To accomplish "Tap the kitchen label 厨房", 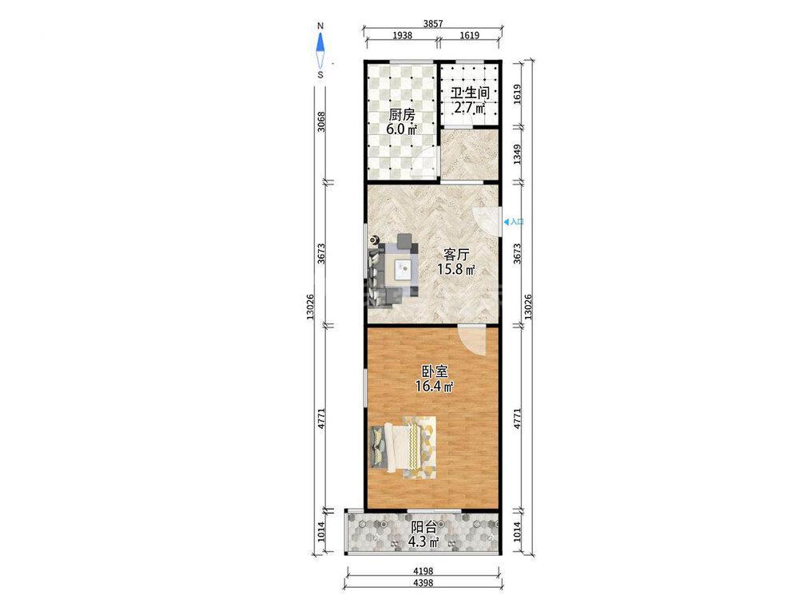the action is click(402, 114).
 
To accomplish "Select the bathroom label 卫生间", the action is click(470, 93).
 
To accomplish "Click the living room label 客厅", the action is click(456, 254).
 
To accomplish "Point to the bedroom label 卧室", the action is click(435, 371).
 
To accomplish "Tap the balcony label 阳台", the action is click(423, 526).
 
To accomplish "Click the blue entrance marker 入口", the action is click(514, 221).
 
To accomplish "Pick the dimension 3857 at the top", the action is click(432, 23).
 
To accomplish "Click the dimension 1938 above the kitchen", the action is click(403, 36).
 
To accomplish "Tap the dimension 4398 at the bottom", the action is click(423, 583).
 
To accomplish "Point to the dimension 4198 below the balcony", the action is click(423, 572).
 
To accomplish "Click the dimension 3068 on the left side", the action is click(320, 121).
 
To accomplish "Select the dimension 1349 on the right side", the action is click(517, 154).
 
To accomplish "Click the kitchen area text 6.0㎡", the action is click(402, 129).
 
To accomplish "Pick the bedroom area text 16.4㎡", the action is click(435, 387).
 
